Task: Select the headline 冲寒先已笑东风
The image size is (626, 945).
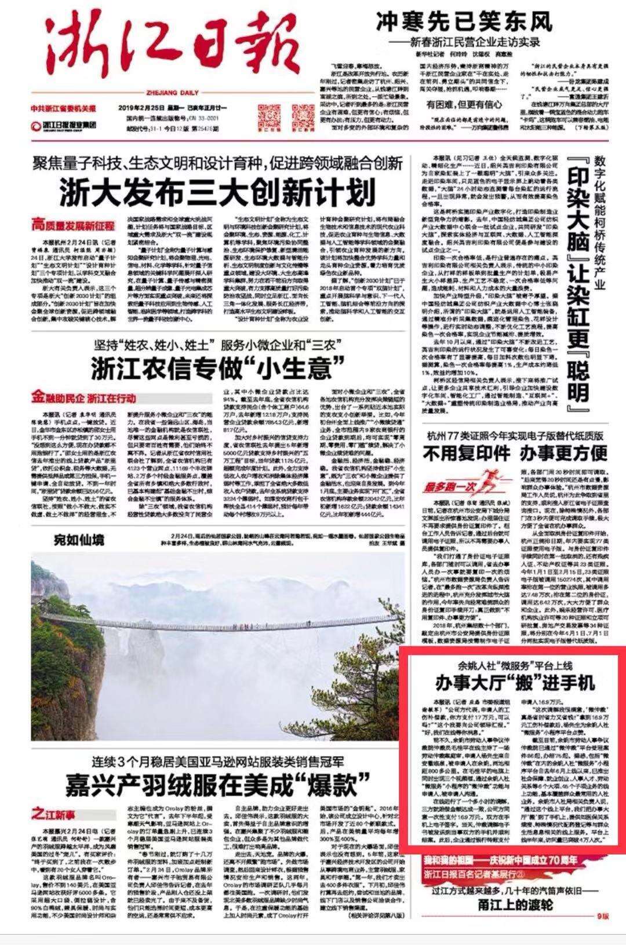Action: [x=464, y=22]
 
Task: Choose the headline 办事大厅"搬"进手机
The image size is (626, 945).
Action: [x=515, y=683]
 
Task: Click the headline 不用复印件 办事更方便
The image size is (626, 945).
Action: [x=515, y=452]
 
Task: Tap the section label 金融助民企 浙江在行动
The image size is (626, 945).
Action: [x=84, y=398]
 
